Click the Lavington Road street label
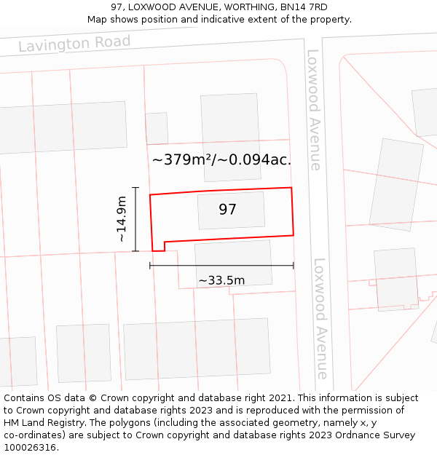(x=74, y=44)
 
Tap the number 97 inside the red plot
(x=228, y=210)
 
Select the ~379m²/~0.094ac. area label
(x=222, y=160)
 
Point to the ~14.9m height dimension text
(x=122, y=219)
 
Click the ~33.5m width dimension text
(x=221, y=280)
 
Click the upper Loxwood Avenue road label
(x=314, y=109)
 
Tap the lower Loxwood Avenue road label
(x=320, y=318)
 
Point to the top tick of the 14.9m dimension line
(x=135, y=188)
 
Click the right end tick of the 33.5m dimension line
(x=294, y=266)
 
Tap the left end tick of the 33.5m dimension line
(x=150, y=266)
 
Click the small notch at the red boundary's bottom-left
(x=164, y=245)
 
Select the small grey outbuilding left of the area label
(x=157, y=128)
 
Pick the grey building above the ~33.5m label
(x=233, y=262)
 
